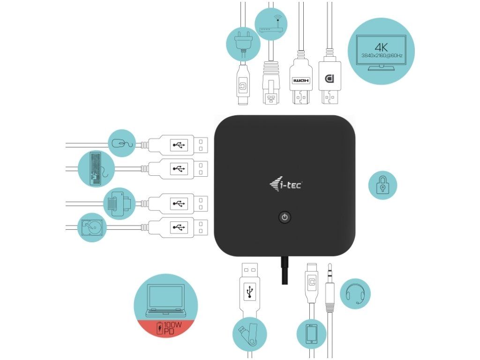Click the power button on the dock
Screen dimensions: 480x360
285,217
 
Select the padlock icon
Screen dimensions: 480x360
382,185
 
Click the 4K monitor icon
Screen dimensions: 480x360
382,52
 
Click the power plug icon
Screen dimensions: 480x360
243,44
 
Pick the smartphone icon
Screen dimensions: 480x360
312,334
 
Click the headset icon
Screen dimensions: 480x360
355,293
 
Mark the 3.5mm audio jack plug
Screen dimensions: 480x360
330,288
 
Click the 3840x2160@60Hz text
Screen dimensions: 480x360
382,56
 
